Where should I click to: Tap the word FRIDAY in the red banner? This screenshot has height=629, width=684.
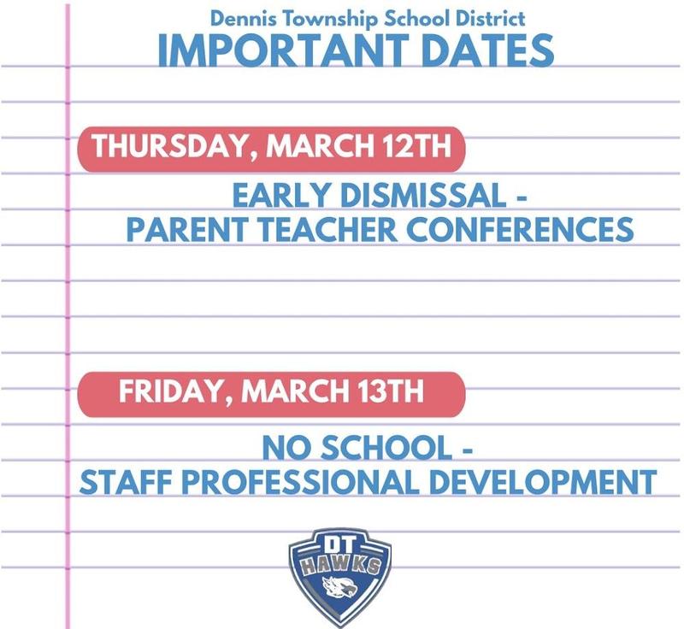point(172,392)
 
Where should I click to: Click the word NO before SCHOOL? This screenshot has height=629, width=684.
point(283,447)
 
